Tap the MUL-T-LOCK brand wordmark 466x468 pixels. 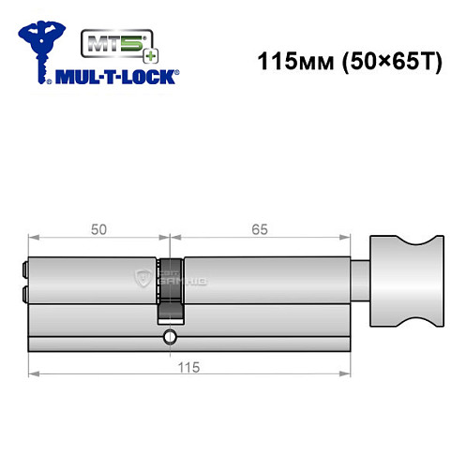pyautogui.click(x=121, y=76)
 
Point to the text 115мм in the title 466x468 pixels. pyautogui.click(x=291, y=62)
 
